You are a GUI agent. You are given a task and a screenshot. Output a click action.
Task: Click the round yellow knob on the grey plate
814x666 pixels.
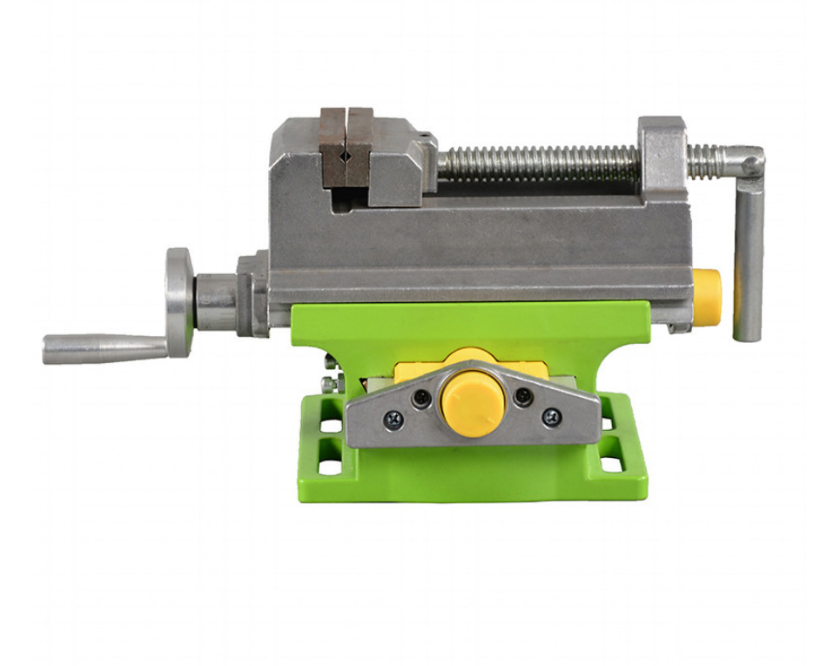pyautogui.click(x=473, y=405)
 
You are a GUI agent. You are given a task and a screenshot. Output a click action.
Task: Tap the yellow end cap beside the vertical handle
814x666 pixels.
pyautogui.click(x=706, y=297)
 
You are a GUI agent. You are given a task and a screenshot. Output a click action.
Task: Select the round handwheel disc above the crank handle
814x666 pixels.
pyautogui.click(x=179, y=301)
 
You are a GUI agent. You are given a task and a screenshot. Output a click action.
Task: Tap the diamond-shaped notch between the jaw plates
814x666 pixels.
pyautogui.click(x=346, y=157)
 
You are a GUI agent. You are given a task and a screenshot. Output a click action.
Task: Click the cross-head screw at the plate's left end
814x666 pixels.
pyautogui.click(x=393, y=419)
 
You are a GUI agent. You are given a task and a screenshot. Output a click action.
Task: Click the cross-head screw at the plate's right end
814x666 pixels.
pyautogui.click(x=551, y=417)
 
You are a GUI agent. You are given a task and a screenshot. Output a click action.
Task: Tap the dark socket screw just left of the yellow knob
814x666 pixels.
pyautogui.click(x=421, y=398)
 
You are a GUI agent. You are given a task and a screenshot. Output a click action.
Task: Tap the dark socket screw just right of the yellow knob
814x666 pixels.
pyautogui.click(x=522, y=396)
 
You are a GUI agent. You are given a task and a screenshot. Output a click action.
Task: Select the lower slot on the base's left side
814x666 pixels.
pyautogui.click(x=330, y=466)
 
